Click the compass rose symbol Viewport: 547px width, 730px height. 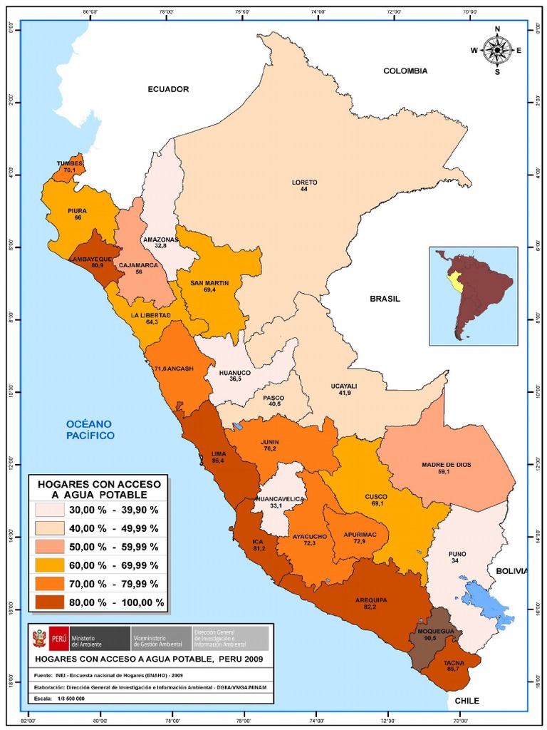click(497, 50)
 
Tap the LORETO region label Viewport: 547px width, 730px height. click(304, 182)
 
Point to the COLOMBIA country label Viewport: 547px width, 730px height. click(405, 71)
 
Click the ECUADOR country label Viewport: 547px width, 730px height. click(168, 89)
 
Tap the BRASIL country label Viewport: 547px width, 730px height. click(385, 299)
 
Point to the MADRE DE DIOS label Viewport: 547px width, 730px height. click(446, 465)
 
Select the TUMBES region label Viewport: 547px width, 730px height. click(70, 163)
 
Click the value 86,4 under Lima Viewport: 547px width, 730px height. click(217, 461)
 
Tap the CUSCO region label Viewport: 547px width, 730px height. click(375, 496)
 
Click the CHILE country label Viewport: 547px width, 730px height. click(467, 701)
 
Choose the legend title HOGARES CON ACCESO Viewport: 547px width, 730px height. click(99, 484)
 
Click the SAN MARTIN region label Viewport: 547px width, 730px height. click(209, 283)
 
